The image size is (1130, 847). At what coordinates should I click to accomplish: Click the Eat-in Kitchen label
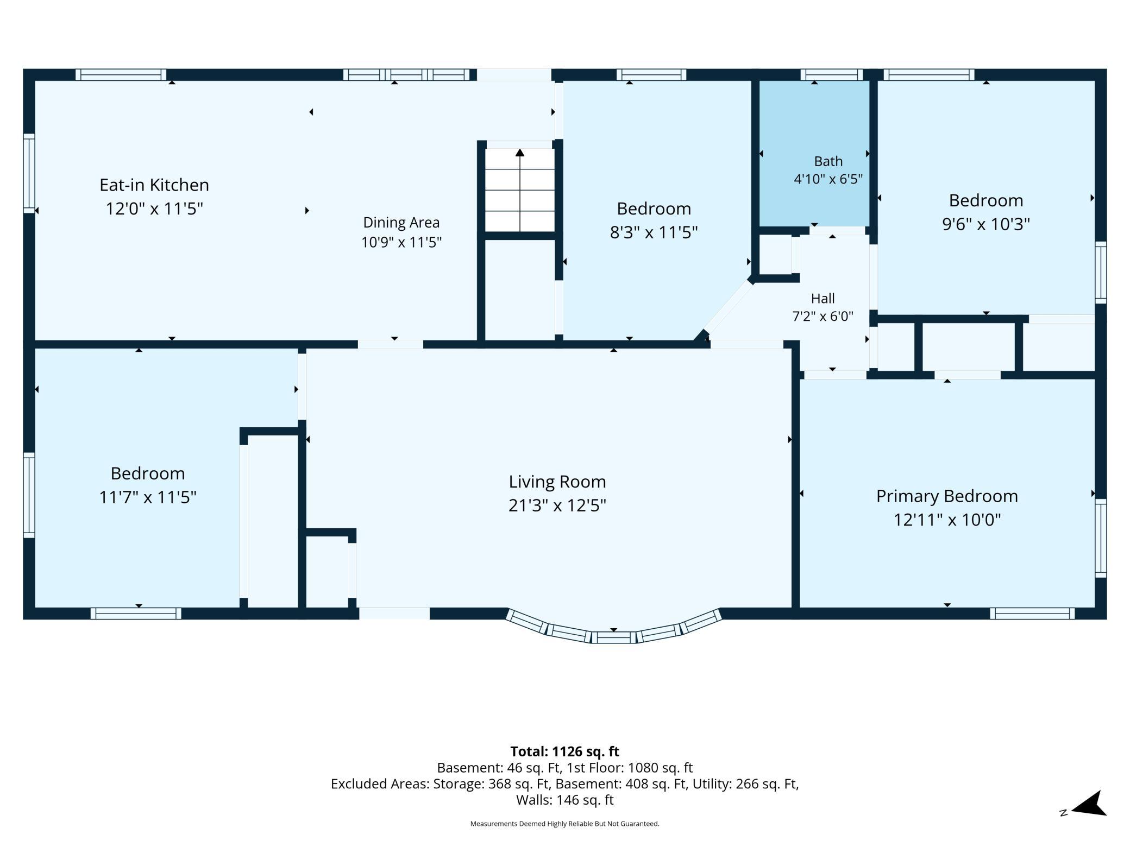point(154,185)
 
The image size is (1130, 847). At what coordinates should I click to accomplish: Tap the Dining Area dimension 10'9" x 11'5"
point(401,242)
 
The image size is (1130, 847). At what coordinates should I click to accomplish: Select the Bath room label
point(828,161)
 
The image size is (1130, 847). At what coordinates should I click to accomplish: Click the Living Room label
point(557,482)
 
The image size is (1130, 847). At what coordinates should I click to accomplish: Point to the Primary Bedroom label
point(947,496)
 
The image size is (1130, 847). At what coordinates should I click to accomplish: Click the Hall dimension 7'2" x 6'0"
point(823,316)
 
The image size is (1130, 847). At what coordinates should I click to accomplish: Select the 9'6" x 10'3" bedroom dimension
point(986,224)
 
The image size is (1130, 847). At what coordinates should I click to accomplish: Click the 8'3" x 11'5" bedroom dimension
point(654,232)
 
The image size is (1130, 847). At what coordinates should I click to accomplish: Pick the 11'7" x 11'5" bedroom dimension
point(148,497)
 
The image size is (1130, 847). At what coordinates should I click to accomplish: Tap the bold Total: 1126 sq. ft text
point(564,751)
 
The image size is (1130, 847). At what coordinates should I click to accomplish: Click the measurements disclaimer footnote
point(564,824)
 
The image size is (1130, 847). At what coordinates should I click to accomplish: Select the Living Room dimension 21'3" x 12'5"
point(557,505)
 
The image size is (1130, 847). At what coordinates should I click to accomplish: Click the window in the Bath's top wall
point(831,74)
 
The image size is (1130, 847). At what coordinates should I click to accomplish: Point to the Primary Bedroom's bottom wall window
point(1032,614)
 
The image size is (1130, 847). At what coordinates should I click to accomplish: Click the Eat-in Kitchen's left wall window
point(29,173)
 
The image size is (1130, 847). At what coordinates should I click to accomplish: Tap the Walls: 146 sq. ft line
point(564,800)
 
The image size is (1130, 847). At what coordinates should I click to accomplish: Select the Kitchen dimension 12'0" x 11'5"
point(154,208)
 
